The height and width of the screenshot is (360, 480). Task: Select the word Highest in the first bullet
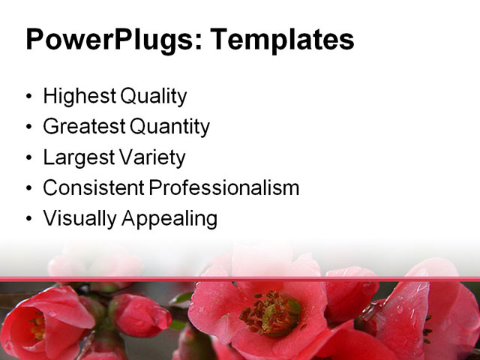tap(76, 97)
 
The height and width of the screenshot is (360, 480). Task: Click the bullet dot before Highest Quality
tap(29, 97)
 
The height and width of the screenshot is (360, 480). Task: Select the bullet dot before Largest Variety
tap(29, 159)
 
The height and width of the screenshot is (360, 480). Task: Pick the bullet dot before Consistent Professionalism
tap(29, 189)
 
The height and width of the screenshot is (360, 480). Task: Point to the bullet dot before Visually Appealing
tap(29, 220)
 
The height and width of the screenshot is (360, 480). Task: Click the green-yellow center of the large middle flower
tap(271, 313)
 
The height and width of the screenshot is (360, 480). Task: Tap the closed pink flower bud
tap(141, 316)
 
